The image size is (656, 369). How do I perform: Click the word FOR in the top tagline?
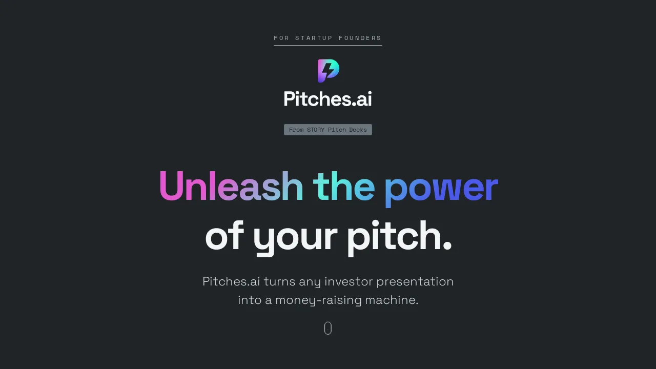[281, 38]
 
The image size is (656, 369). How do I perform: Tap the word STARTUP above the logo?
[314, 38]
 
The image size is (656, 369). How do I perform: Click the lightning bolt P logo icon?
[328, 70]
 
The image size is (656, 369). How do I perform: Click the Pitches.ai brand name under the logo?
[328, 98]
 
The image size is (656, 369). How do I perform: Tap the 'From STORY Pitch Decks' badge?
[328, 130]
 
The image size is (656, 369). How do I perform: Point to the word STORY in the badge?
[316, 130]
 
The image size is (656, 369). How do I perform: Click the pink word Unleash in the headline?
[231, 186]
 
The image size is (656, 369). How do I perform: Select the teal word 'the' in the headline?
[343, 186]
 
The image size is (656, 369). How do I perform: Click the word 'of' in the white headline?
[224, 236]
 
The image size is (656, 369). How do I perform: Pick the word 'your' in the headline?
[295, 237]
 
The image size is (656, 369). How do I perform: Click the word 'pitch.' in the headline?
[399, 236]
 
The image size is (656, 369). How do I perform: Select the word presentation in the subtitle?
[415, 282]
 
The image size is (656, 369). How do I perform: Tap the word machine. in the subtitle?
[392, 300]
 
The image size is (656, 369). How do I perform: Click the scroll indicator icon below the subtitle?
[328, 329]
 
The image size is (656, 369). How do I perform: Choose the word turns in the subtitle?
[279, 281]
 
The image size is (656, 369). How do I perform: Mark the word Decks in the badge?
[358, 130]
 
